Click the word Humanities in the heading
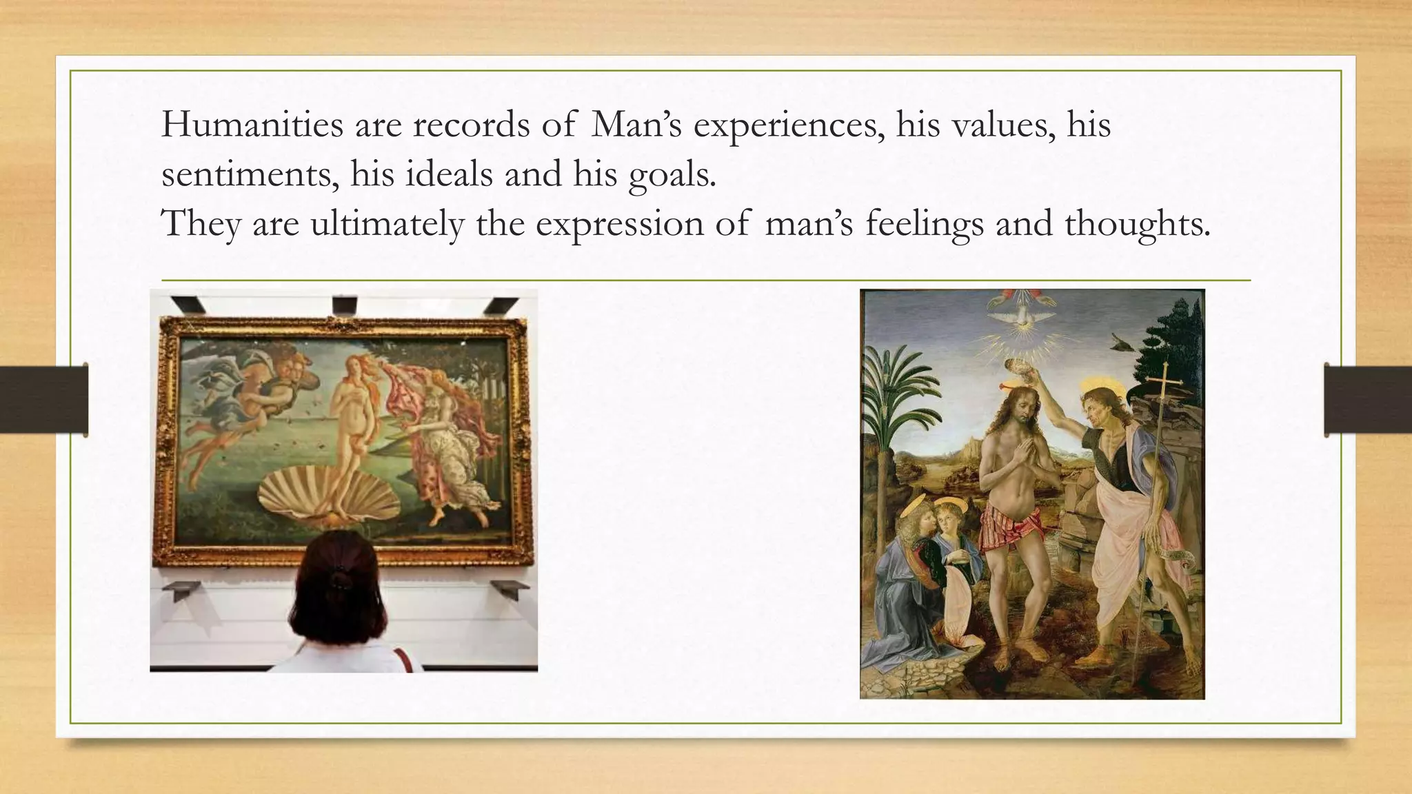point(252,125)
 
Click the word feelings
point(924,224)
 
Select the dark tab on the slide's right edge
point(1368,400)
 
